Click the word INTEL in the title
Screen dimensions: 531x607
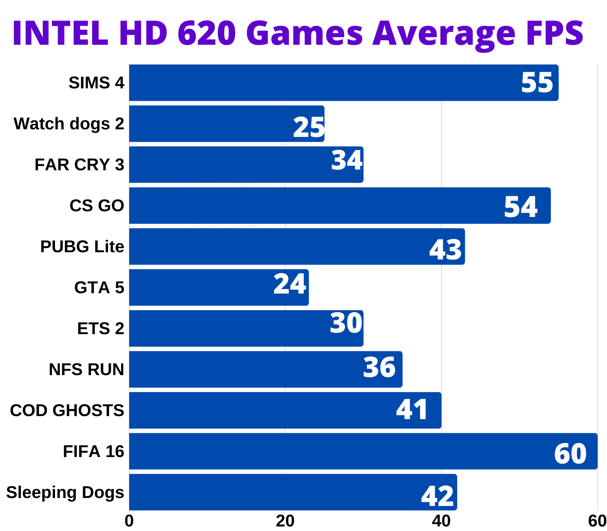tap(60, 33)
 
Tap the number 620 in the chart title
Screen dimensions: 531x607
tap(207, 33)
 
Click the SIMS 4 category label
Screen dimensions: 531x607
tap(96, 83)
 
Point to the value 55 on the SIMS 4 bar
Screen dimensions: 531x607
tap(537, 83)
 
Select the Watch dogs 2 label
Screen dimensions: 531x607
tap(69, 124)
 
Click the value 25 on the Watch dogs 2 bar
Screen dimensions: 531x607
tap(309, 127)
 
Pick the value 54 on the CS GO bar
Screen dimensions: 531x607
tap(521, 207)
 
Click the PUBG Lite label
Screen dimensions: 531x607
tap(82, 247)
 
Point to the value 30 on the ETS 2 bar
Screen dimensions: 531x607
tap(346, 324)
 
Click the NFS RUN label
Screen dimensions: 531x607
tap(86, 369)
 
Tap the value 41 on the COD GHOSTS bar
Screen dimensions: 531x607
tap(412, 410)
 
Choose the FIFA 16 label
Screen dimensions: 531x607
tap(93, 451)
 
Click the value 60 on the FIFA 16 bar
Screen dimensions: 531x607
tap(570, 454)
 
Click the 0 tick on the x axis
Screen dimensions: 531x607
tap(129, 522)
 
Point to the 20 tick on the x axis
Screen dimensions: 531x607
tap(285, 522)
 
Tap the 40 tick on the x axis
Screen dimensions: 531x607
tap(441, 522)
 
